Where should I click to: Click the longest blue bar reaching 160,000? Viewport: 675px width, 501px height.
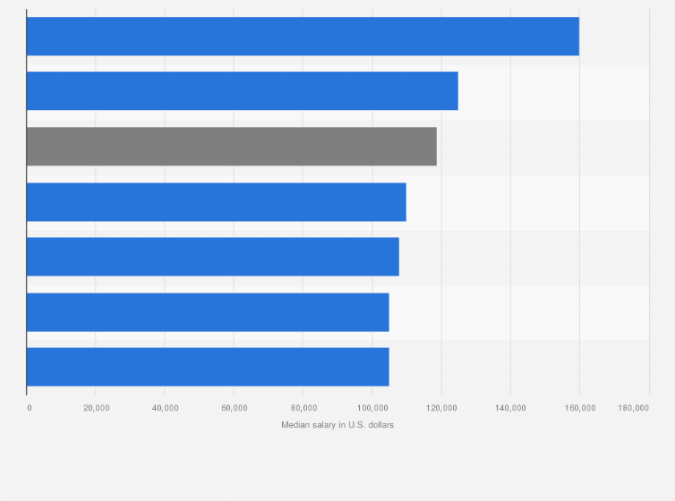(x=303, y=37)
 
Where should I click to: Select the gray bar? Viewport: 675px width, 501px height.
(x=231, y=147)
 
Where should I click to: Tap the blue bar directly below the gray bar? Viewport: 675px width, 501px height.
(x=216, y=201)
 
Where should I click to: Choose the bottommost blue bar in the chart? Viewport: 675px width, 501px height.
(x=208, y=367)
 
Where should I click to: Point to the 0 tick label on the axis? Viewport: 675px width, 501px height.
(x=30, y=408)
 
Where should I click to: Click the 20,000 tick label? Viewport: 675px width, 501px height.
(x=96, y=408)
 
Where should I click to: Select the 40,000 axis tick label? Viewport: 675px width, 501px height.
(x=165, y=408)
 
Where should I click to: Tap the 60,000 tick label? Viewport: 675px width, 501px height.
(x=234, y=408)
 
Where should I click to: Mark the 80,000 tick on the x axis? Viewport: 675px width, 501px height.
(x=303, y=408)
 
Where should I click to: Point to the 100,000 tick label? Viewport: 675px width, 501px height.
(x=372, y=408)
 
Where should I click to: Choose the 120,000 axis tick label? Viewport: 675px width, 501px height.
(x=440, y=408)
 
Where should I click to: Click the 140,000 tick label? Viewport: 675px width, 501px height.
(x=510, y=408)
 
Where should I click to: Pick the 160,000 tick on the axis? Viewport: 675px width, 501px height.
(x=579, y=408)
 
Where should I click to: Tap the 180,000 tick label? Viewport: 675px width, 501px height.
(x=634, y=408)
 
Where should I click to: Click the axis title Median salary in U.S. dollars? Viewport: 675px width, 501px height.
(x=337, y=425)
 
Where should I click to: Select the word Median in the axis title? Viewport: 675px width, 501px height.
(x=295, y=425)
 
